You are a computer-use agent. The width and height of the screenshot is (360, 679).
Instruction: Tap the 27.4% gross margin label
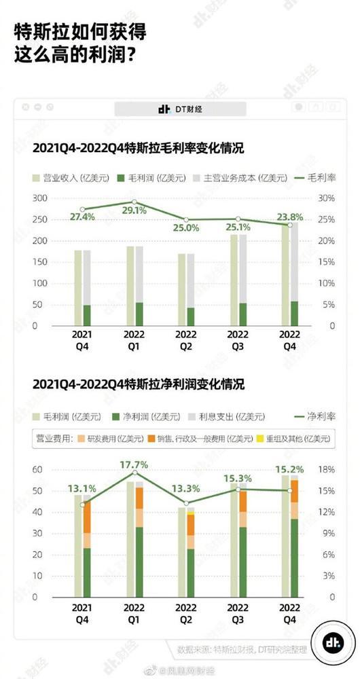[82, 217]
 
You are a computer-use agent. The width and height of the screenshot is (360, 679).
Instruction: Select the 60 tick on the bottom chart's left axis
[39, 470]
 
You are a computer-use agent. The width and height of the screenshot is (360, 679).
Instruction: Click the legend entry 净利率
[319, 416]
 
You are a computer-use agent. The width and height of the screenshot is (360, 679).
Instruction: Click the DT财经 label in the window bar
[179, 109]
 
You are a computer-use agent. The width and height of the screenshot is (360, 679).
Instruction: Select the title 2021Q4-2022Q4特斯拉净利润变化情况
[139, 384]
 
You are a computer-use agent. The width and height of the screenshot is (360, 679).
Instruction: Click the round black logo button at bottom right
[333, 642]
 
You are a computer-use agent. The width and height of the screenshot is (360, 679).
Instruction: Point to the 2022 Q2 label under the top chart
[185, 340]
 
